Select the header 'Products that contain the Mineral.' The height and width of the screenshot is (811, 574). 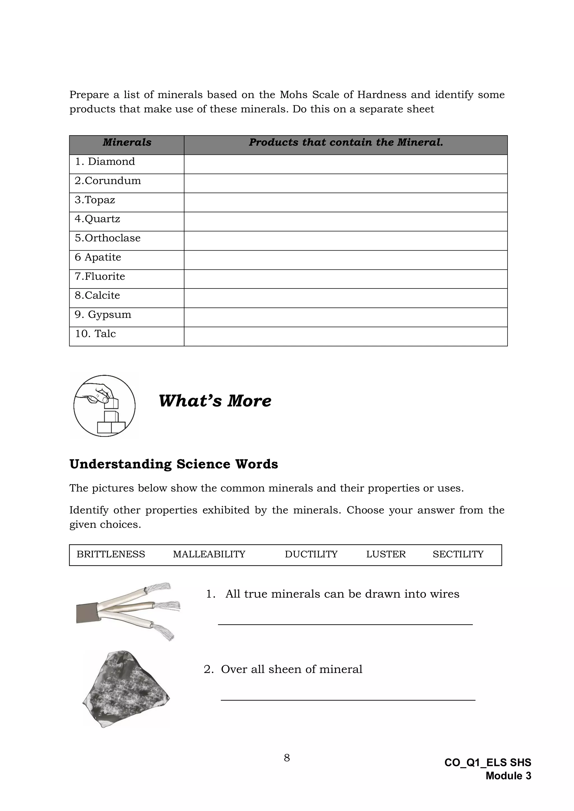[345, 142]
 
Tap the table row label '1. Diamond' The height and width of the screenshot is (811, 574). [105, 162]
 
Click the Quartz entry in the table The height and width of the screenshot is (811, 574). [97, 219]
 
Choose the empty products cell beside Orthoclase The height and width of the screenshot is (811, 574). [345, 241]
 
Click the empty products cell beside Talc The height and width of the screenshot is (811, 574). [345, 336]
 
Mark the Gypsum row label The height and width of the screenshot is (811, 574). [103, 314]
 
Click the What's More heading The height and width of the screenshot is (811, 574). [215, 401]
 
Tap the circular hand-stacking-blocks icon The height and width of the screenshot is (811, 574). [104, 406]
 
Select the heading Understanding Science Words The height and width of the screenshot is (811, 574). [173, 464]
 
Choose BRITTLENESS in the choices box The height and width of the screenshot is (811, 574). [111, 554]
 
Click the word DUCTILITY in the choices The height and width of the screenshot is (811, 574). [311, 554]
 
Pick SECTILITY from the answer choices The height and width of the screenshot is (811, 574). [458, 554]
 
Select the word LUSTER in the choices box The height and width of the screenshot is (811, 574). [386, 554]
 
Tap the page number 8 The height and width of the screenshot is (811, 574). [287, 758]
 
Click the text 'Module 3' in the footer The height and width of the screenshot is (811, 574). [508, 776]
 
